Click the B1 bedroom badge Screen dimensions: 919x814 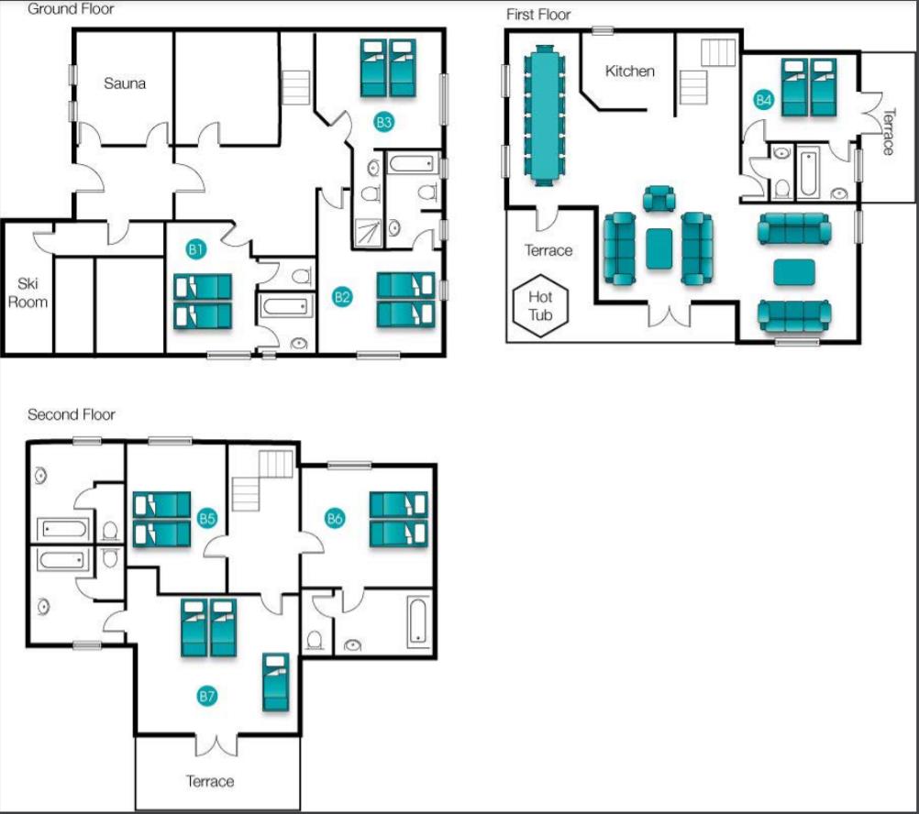pyautogui.click(x=195, y=250)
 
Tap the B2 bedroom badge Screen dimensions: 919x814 pyautogui.click(x=342, y=296)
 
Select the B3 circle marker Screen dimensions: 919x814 pyautogui.click(x=384, y=122)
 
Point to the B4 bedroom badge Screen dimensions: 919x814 pyautogui.click(x=764, y=100)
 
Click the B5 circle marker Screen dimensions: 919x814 pyautogui.click(x=207, y=518)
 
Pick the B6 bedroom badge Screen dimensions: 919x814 pyautogui.click(x=335, y=518)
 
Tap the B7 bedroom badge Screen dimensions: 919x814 pyautogui.click(x=207, y=696)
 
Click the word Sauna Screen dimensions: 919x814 pyautogui.click(x=125, y=83)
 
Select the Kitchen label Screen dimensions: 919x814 pyautogui.click(x=629, y=71)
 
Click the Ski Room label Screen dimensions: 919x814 pyautogui.click(x=28, y=292)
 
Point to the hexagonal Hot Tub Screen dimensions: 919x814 pyautogui.click(x=540, y=305)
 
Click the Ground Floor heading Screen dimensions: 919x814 pyautogui.click(x=71, y=9)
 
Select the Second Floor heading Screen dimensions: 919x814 pyautogui.click(x=72, y=414)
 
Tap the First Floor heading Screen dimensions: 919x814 pyautogui.click(x=538, y=15)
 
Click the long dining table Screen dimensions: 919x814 pyautogui.click(x=545, y=115)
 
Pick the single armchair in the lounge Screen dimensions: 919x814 pyautogui.click(x=659, y=199)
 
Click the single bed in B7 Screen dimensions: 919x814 pyautogui.click(x=275, y=682)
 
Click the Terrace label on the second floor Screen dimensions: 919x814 pyautogui.click(x=210, y=781)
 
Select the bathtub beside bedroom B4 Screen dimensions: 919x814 pyautogui.click(x=808, y=171)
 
